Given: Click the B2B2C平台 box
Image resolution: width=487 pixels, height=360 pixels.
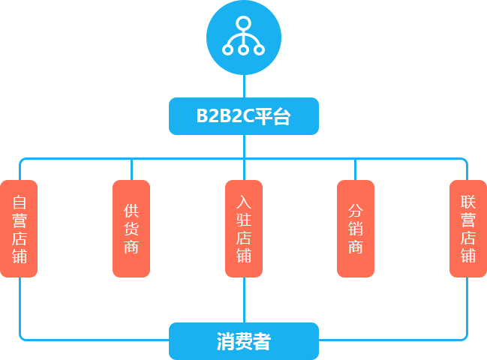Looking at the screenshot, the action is pos(244,116).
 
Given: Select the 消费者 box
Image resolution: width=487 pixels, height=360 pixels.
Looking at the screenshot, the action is pos(244,341).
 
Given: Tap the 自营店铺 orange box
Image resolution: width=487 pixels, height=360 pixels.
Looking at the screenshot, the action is pos(19,229).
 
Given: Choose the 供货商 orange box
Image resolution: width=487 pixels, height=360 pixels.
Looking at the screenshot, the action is pos(131,229).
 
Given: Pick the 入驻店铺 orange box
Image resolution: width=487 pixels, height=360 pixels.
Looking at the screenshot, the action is pos(244,229).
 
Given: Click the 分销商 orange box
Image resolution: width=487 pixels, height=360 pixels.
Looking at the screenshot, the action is pos(356,229).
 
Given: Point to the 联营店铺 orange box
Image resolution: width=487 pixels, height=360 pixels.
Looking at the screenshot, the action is pos(468,229).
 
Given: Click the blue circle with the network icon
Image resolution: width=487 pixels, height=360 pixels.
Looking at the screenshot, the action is pos(244,37).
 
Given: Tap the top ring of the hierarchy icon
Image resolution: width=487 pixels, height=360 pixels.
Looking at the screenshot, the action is pos(243,23).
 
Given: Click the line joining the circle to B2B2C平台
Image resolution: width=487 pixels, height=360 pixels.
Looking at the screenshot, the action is pos(244,86).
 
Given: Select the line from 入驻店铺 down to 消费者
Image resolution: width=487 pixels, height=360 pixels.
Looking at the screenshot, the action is pos(244,300).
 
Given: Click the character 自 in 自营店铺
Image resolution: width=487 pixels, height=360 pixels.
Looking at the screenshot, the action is pos(20,202).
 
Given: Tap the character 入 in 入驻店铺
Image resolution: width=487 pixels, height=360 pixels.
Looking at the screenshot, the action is pos(244,202).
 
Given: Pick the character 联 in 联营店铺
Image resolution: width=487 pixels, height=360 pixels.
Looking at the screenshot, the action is pos(468,202).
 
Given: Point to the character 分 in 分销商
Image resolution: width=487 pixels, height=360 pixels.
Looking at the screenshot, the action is pos(356,211).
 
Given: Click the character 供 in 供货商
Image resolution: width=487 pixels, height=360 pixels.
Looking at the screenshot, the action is pos(131,211).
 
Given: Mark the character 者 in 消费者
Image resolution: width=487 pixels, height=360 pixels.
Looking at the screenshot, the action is pos(262,341).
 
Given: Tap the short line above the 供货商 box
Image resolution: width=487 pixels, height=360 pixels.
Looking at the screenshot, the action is pos(131,169).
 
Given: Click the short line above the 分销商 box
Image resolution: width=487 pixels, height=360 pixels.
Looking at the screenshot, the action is pos(356,169).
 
